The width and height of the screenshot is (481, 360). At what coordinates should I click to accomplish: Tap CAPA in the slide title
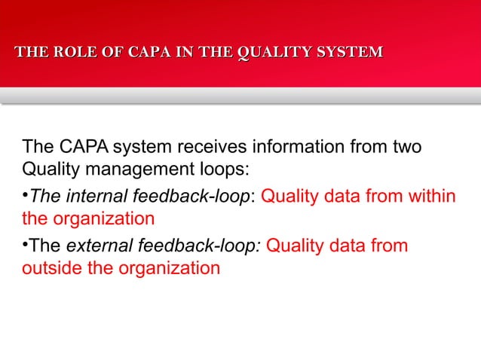tap(149, 52)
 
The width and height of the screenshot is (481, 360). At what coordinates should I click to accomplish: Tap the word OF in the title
tap(111, 52)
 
